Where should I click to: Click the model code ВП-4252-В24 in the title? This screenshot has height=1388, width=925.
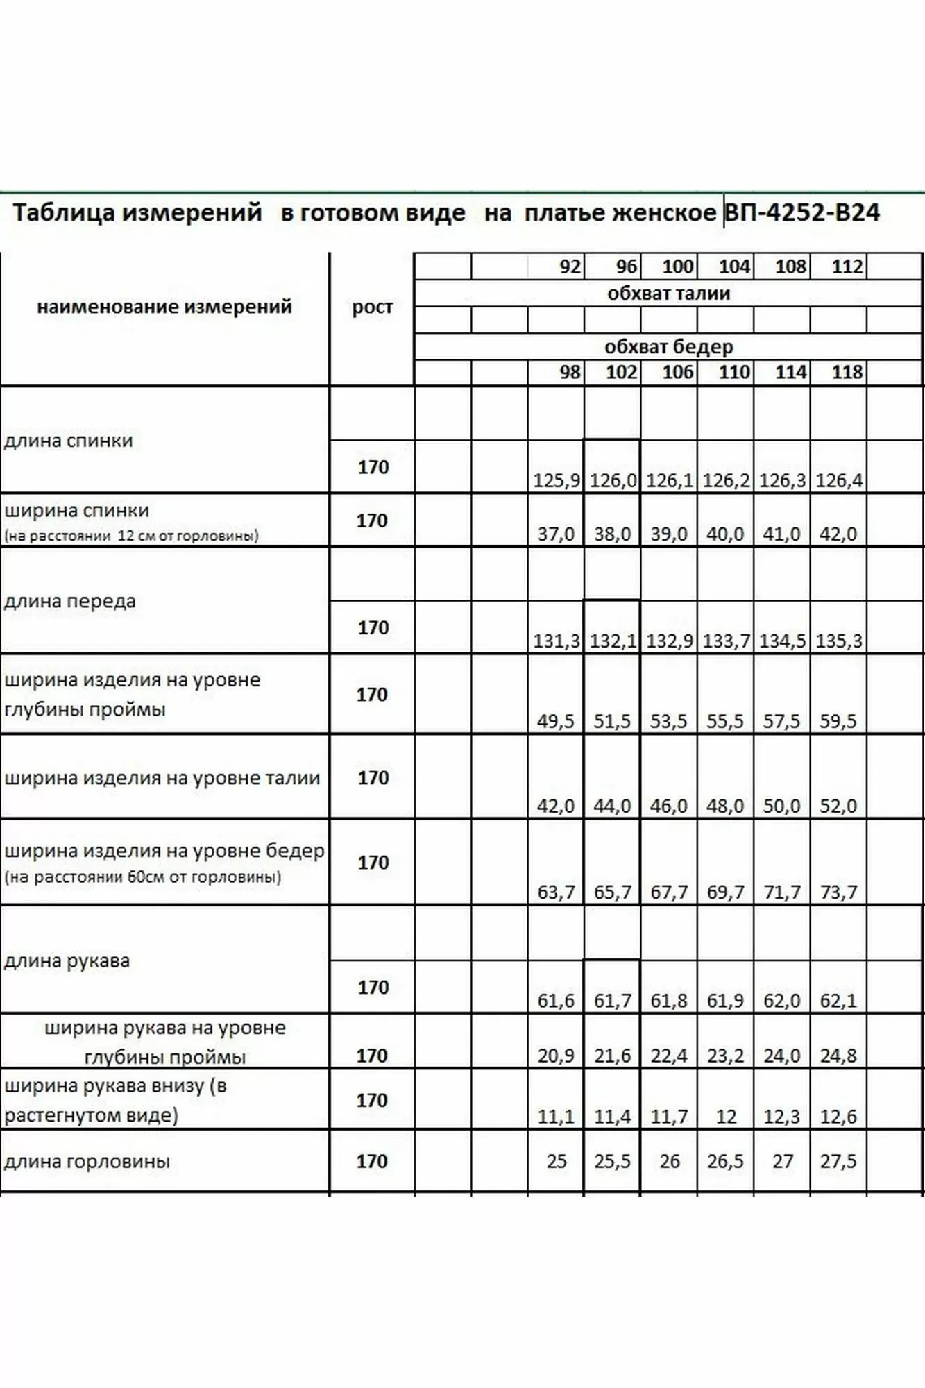(x=802, y=212)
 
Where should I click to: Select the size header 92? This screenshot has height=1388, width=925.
(x=570, y=266)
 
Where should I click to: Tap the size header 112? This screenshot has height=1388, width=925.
(x=847, y=266)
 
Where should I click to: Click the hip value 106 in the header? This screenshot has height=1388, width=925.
(x=677, y=373)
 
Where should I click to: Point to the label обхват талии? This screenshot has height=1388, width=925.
(x=668, y=294)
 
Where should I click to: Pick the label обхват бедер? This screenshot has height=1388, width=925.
(x=668, y=346)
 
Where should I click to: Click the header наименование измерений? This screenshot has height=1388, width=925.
(x=164, y=306)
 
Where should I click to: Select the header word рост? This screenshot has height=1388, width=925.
(x=372, y=306)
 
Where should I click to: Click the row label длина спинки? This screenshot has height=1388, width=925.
(x=69, y=441)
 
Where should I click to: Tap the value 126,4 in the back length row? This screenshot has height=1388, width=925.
(x=839, y=480)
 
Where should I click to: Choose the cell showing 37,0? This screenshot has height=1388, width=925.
(x=556, y=534)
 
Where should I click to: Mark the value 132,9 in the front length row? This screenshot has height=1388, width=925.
(x=669, y=641)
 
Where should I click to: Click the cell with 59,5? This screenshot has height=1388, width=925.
(x=838, y=721)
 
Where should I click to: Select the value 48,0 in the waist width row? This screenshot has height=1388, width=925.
(x=725, y=806)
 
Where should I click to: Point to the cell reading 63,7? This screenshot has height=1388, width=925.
(x=556, y=892)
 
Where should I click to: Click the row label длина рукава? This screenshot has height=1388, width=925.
(x=67, y=961)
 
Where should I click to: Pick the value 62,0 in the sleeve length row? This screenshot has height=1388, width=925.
(x=781, y=1001)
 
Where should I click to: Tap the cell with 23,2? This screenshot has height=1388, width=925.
(x=725, y=1056)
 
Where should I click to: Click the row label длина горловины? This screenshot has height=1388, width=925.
(x=87, y=1162)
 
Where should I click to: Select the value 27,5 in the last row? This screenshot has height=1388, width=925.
(x=838, y=1162)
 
